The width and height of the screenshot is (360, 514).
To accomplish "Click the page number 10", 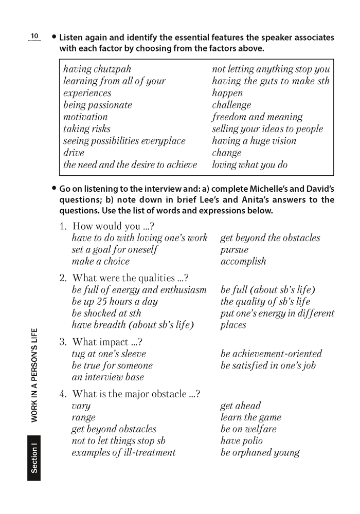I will tap(34, 35).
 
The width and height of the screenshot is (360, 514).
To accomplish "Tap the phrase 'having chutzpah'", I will tap(97, 69).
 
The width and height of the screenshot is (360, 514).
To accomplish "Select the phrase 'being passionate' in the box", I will tap(98, 105).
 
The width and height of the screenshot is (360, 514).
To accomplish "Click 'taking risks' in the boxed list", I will tap(87, 128).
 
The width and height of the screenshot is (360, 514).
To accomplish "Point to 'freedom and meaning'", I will tap(257, 117).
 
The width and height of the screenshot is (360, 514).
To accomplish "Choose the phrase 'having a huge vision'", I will tap(254, 141).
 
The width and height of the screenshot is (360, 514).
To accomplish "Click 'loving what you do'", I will tap(249, 165).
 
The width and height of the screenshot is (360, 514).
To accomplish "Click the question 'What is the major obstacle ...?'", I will tap(136, 394).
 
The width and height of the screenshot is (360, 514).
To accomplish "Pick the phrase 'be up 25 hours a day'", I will tap(115, 302).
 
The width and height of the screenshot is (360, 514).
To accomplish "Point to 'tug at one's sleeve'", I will tap(109, 354).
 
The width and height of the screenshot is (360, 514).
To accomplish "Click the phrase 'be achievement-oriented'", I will tap(271, 354).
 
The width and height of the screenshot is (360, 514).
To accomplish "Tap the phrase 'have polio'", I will tap(241, 440).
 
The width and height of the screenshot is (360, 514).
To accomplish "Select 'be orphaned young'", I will tap(260, 453).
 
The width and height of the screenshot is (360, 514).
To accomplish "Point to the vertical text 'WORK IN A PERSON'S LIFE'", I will tap(34, 375).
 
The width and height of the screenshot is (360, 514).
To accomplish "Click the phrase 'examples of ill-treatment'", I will tap(123, 453).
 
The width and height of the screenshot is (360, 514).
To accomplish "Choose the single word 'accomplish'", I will tap(243, 261).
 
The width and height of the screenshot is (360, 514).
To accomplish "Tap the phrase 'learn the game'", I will tap(251, 417).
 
